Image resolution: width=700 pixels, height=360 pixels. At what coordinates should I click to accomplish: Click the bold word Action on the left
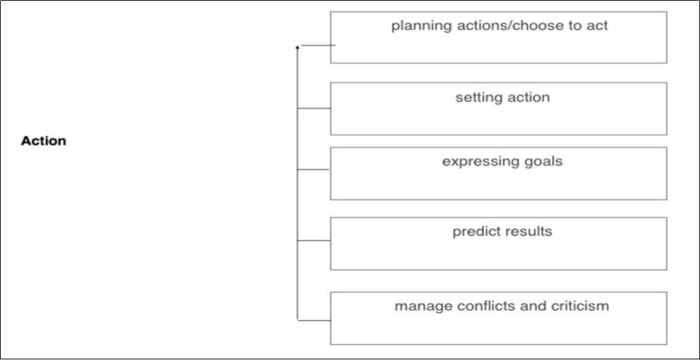(43, 141)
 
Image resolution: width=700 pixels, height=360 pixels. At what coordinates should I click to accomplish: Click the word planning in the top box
(417, 27)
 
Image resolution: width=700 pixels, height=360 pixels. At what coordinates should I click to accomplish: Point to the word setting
(478, 98)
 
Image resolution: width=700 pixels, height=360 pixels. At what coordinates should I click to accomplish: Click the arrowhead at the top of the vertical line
(297, 48)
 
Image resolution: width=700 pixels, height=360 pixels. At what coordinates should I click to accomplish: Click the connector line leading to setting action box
(314, 108)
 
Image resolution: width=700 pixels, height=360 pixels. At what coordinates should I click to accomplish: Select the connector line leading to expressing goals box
(314, 170)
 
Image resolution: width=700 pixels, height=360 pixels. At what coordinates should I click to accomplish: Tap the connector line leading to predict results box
(314, 240)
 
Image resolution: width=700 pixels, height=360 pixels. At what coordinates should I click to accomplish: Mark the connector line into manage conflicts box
(314, 319)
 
